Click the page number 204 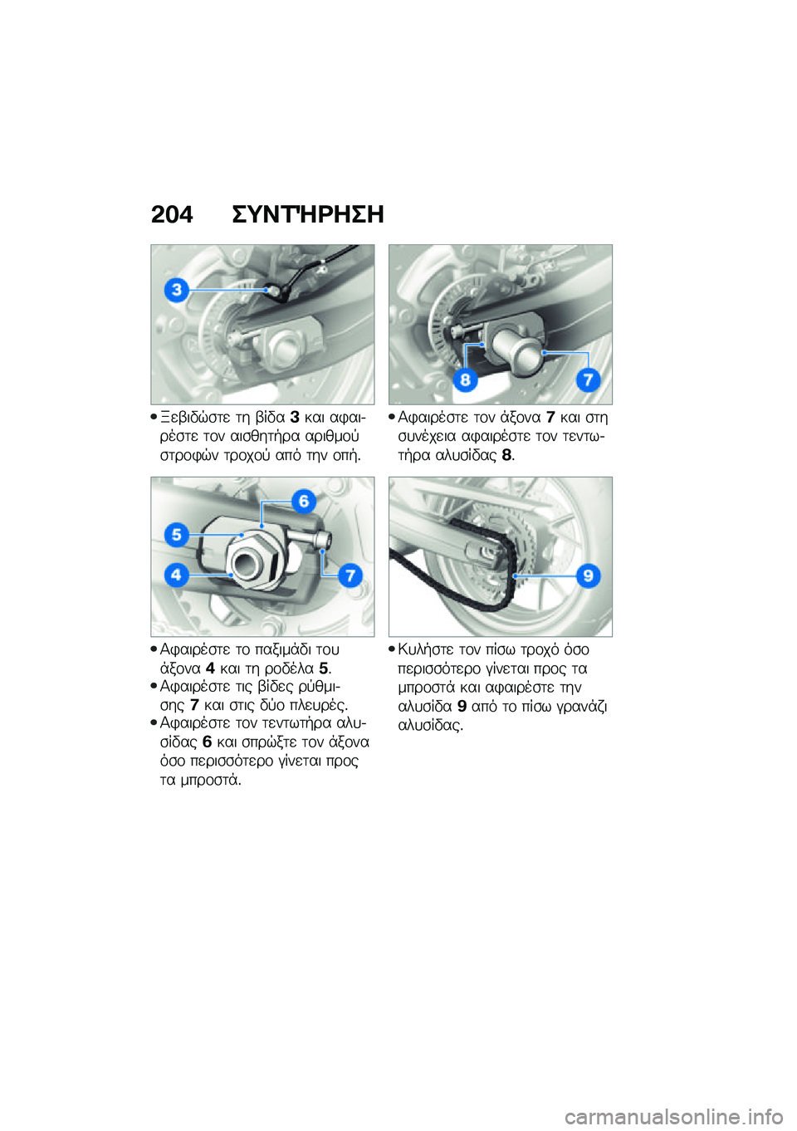click(x=172, y=215)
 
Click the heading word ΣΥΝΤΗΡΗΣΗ click(x=307, y=215)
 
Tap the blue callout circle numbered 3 click(x=176, y=290)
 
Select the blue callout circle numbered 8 click(x=465, y=379)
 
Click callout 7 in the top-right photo click(x=588, y=379)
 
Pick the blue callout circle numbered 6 click(x=304, y=501)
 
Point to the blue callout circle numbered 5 click(x=176, y=535)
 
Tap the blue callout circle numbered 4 click(x=176, y=574)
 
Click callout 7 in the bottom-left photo click(x=350, y=575)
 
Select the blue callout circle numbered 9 click(x=588, y=575)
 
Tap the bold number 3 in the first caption click(x=295, y=417)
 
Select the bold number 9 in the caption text click(x=462, y=707)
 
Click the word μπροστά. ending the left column click(x=200, y=780)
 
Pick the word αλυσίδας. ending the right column click(x=430, y=725)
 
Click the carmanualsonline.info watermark click(x=673, y=1116)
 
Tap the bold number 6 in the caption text click(x=207, y=742)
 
